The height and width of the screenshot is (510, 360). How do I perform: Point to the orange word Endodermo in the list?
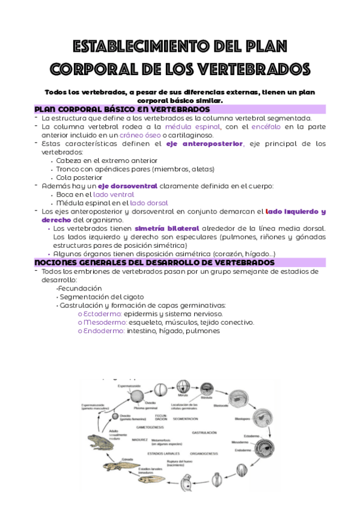point(101,331)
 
